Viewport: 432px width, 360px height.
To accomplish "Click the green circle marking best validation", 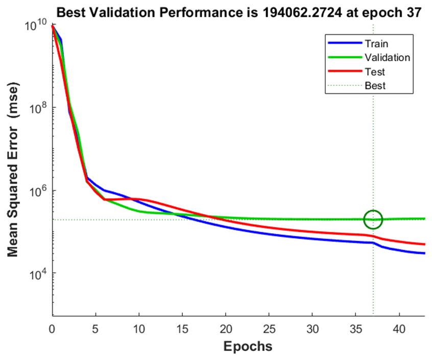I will pos(373,219).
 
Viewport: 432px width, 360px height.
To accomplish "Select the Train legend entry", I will pos(376,44).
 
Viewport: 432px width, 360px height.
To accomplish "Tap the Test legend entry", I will pos(375,72).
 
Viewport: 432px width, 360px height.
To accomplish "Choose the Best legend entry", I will pos(375,86).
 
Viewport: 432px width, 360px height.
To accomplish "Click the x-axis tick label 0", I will pos(53,327).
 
